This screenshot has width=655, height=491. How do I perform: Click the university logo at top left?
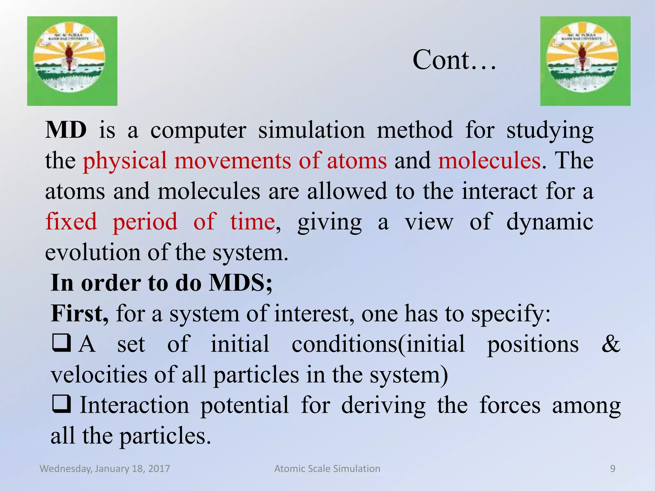coord(72,61)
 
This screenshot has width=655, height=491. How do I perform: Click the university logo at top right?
coord(585,61)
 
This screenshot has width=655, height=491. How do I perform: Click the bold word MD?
coord(66,130)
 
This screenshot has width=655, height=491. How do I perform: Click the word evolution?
coord(92,253)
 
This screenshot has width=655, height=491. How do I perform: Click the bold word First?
coord(80,313)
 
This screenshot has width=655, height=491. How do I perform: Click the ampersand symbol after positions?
coord(610,344)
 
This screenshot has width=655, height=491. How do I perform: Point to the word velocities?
coord(99,375)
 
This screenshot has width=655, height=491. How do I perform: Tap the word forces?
coord(510,405)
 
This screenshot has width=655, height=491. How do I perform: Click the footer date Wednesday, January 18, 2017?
coord(105,469)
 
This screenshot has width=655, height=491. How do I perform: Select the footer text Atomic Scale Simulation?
coord(327,469)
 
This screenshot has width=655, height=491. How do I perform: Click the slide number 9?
coord(612,469)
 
